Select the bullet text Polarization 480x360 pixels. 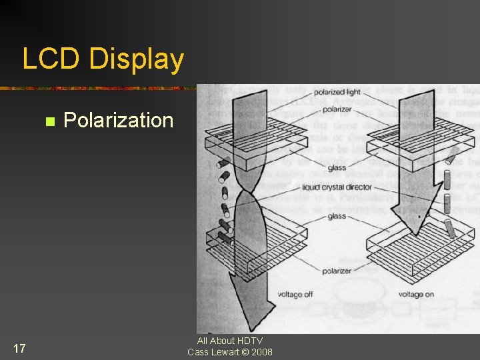pos(118,121)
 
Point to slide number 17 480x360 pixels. pos(19,348)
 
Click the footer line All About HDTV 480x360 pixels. pos(230,341)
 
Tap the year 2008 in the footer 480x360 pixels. pos(262,352)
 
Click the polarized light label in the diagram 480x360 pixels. pos(337,92)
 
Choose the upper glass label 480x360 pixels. pos(337,169)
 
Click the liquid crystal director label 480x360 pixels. pos(337,187)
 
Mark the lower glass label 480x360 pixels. pos(337,216)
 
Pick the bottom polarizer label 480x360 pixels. pos(337,271)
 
